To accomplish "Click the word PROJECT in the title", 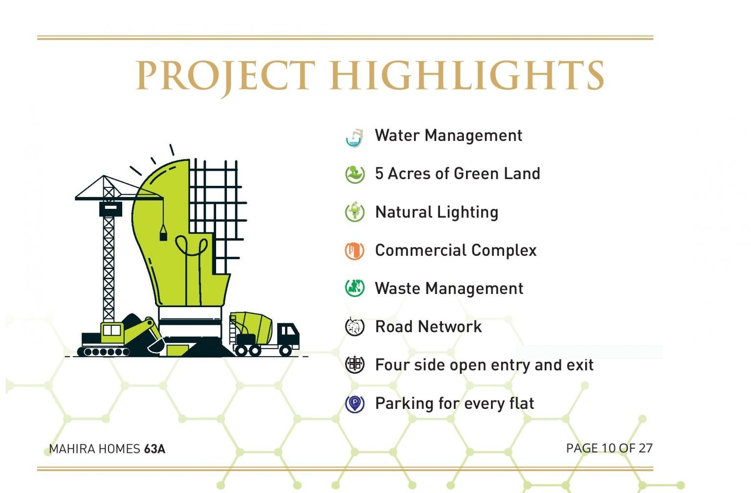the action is click(225, 76).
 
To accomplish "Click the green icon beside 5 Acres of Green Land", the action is click(354, 174).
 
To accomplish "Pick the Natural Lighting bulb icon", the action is click(354, 212).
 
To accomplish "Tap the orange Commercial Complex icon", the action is click(354, 250).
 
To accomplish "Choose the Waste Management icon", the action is click(354, 288).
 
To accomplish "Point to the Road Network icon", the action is click(354, 326).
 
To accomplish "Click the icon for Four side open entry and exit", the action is click(354, 364).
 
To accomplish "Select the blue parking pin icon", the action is click(354, 404).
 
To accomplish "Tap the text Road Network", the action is click(428, 327).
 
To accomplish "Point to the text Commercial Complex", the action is click(456, 250).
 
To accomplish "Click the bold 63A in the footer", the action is click(155, 449).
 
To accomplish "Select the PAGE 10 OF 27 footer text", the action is click(609, 448).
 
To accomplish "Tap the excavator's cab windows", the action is click(111, 330).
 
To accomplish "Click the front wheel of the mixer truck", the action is click(286, 351).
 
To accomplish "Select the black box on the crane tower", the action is click(110, 209).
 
